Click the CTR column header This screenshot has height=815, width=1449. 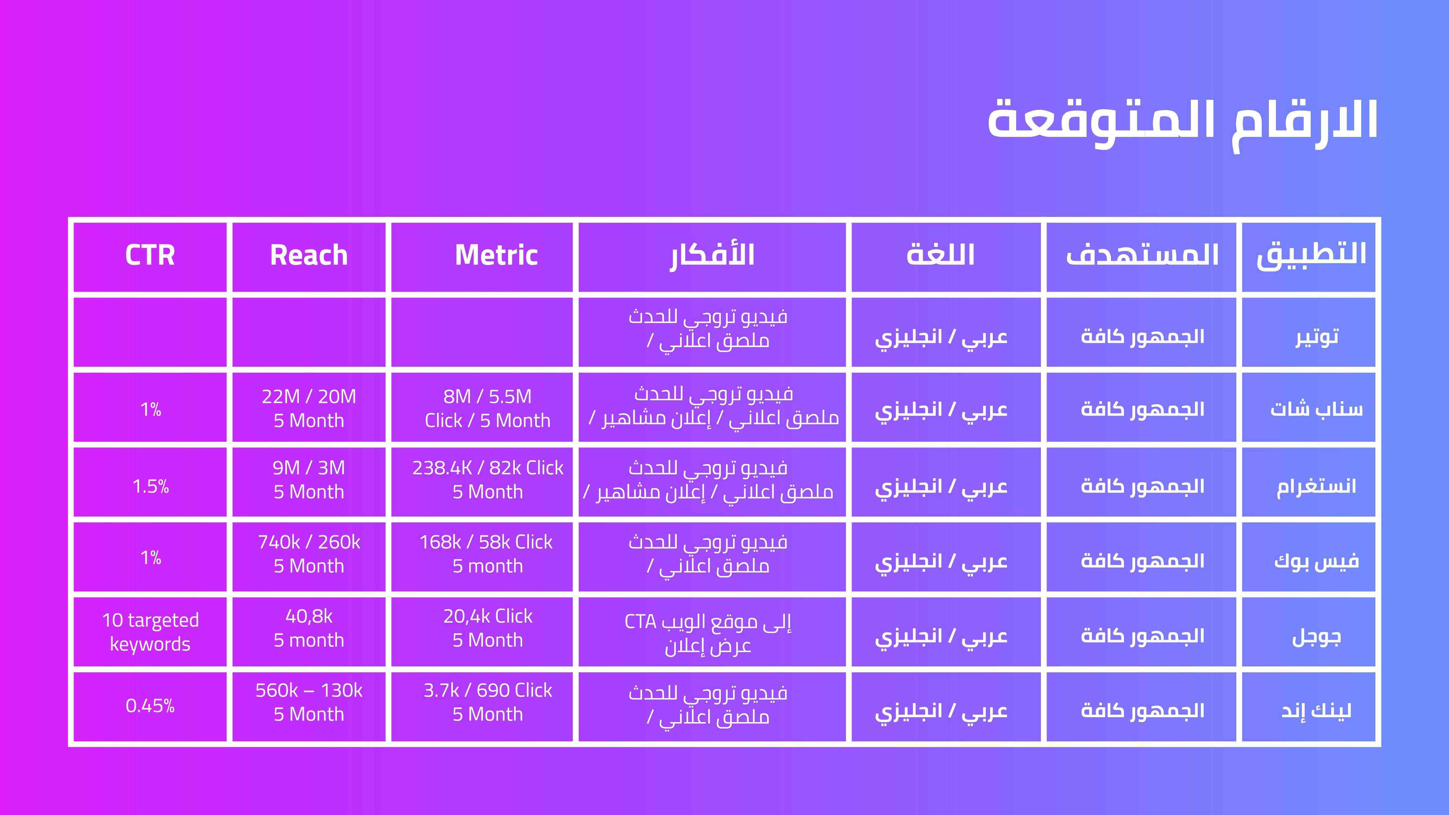[150, 255]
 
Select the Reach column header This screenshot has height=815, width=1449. [309, 255]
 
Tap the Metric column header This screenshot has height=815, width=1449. [496, 255]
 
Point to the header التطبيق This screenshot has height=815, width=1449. [1311, 255]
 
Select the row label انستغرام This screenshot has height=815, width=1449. [1316, 485]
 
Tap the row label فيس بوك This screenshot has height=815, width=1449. [1316, 560]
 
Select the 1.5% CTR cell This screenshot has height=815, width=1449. [150, 486]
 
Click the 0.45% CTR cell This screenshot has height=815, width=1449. [150, 705]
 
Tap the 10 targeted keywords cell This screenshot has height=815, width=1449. [150, 632]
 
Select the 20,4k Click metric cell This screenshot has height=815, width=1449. [488, 628]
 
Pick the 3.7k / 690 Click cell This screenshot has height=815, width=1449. [488, 702]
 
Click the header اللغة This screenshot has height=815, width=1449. [940, 255]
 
